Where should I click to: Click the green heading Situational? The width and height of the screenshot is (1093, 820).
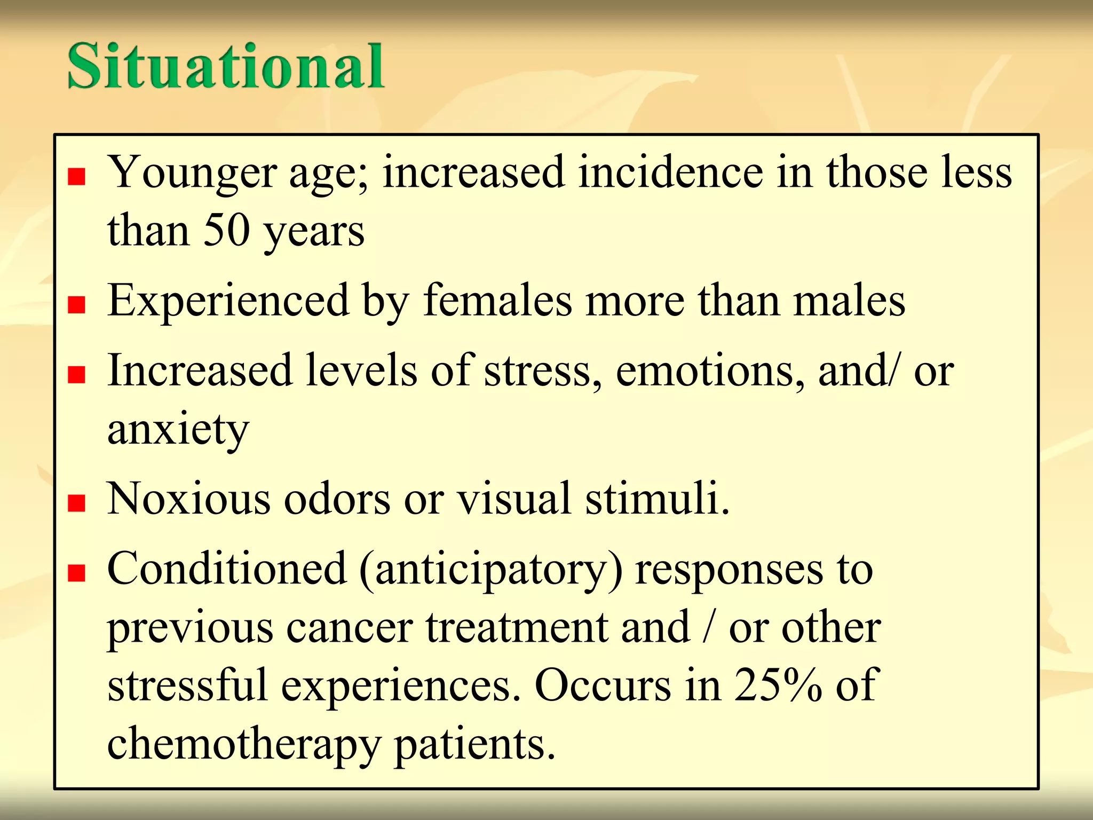coord(225,66)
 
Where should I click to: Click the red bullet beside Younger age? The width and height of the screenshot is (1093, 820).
coord(77,177)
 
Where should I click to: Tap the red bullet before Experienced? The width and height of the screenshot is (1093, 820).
coord(77,305)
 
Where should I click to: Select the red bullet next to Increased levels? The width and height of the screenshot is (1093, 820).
coord(77,375)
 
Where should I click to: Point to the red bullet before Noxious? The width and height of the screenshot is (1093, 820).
coord(77,503)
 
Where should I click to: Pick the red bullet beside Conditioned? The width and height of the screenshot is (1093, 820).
coord(77,573)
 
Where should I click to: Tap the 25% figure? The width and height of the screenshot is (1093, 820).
coord(778,685)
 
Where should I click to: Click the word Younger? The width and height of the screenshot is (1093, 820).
coord(193,174)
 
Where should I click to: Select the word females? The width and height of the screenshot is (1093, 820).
coord(497,301)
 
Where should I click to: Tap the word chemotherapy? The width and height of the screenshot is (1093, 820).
coord(243,744)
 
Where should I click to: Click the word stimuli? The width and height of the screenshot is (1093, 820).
coord(657,499)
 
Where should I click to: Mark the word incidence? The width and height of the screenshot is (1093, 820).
coord(671,172)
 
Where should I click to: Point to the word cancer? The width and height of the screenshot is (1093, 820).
coord(350,628)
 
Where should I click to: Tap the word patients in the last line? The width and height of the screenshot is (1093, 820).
coord(474,744)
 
